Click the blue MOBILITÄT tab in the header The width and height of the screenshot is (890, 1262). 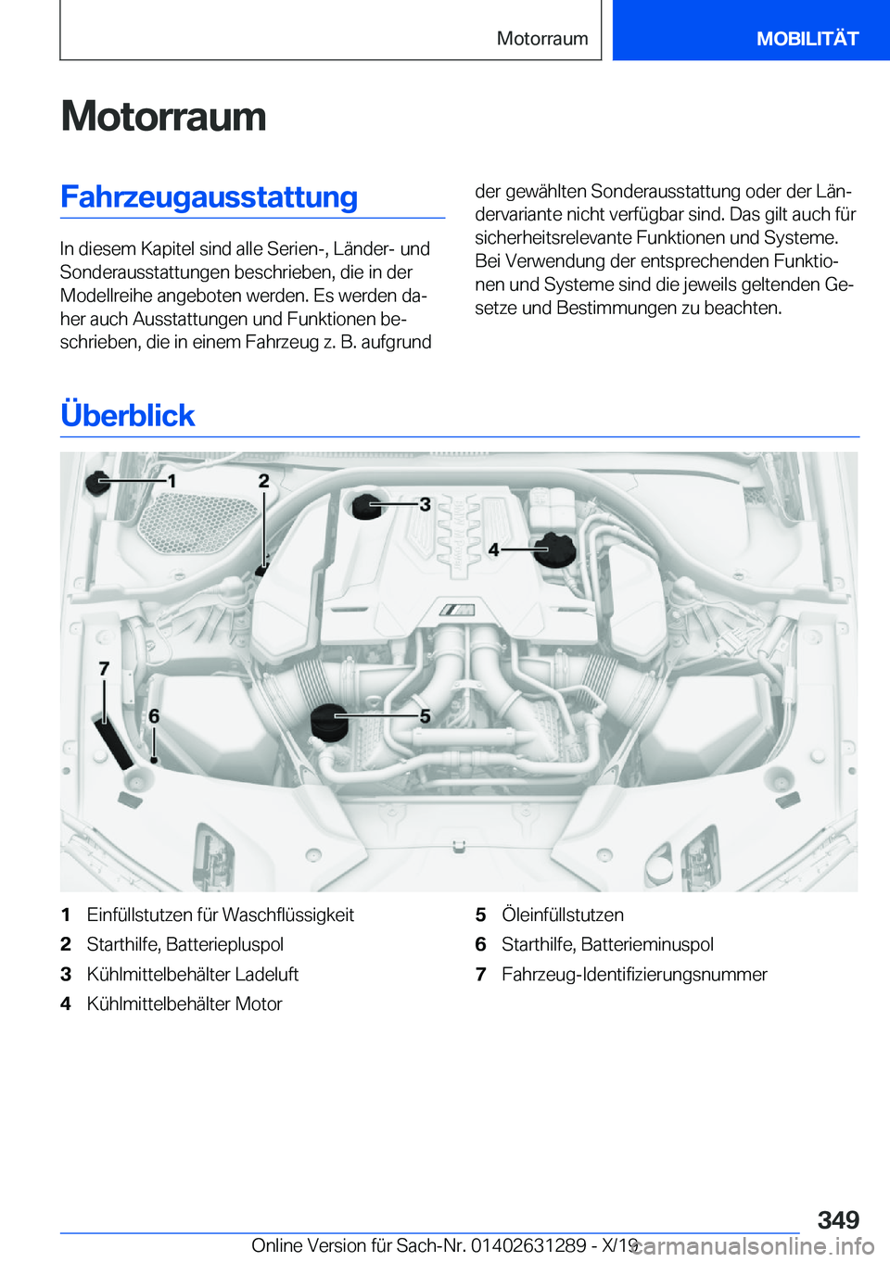pyautogui.click(x=807, y=38)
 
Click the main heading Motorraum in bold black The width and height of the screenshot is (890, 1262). pyautogui.click(x=163, y=117)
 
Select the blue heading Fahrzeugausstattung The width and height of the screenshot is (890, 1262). pyautogui.click(x=209, y=197)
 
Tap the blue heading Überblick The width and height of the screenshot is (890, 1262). pyautogui.click(x=127, y=415)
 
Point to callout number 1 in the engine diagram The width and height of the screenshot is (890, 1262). pyautogui.click(x=172, y=481)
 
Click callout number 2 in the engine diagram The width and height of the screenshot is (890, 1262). pyautogui.click(x=264, y=480)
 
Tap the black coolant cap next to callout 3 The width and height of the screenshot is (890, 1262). pyautogui.click(x=366, y=506)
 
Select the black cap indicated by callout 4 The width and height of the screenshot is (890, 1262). pyautogui.click(x=554, y=549)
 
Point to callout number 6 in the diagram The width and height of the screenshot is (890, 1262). pyautogui.click(x=154, y=715)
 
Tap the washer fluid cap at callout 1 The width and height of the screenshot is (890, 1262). pyautogui.click(x=97, y=482)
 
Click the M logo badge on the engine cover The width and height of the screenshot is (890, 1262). pyautogui.click(x=457, y=610)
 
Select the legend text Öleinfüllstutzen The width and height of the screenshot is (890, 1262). pyautogui.click(x=562, y=915)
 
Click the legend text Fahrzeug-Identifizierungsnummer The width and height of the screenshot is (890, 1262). pyautogui.click(x=634, y=974)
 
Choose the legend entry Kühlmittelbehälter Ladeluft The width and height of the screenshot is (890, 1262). pyautogui.click(x=192, y=974)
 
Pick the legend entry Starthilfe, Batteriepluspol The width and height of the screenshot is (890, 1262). pyautogui.click(x=184, y=944)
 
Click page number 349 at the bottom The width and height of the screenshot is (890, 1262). pyautogui.click(x=838, y=1219)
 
